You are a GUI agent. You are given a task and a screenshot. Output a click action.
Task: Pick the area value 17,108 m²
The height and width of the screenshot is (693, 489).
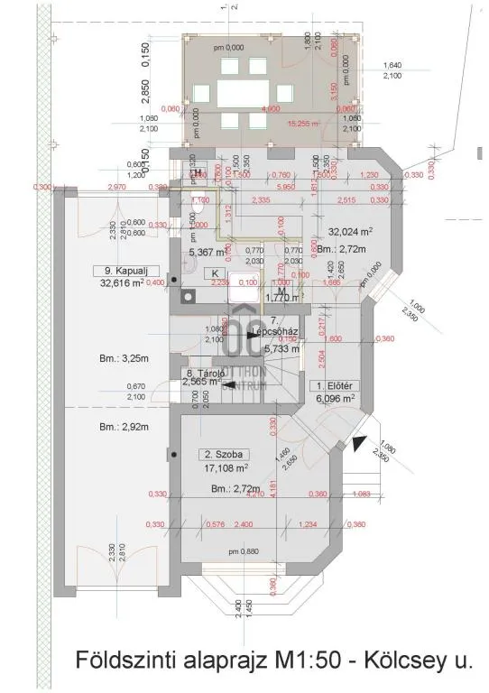(x=222, y=468)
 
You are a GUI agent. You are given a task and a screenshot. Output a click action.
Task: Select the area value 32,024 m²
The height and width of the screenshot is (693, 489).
(x=353, y=231)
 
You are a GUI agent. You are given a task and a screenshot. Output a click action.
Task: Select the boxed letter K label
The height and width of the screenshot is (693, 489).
(x=216, y=273)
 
